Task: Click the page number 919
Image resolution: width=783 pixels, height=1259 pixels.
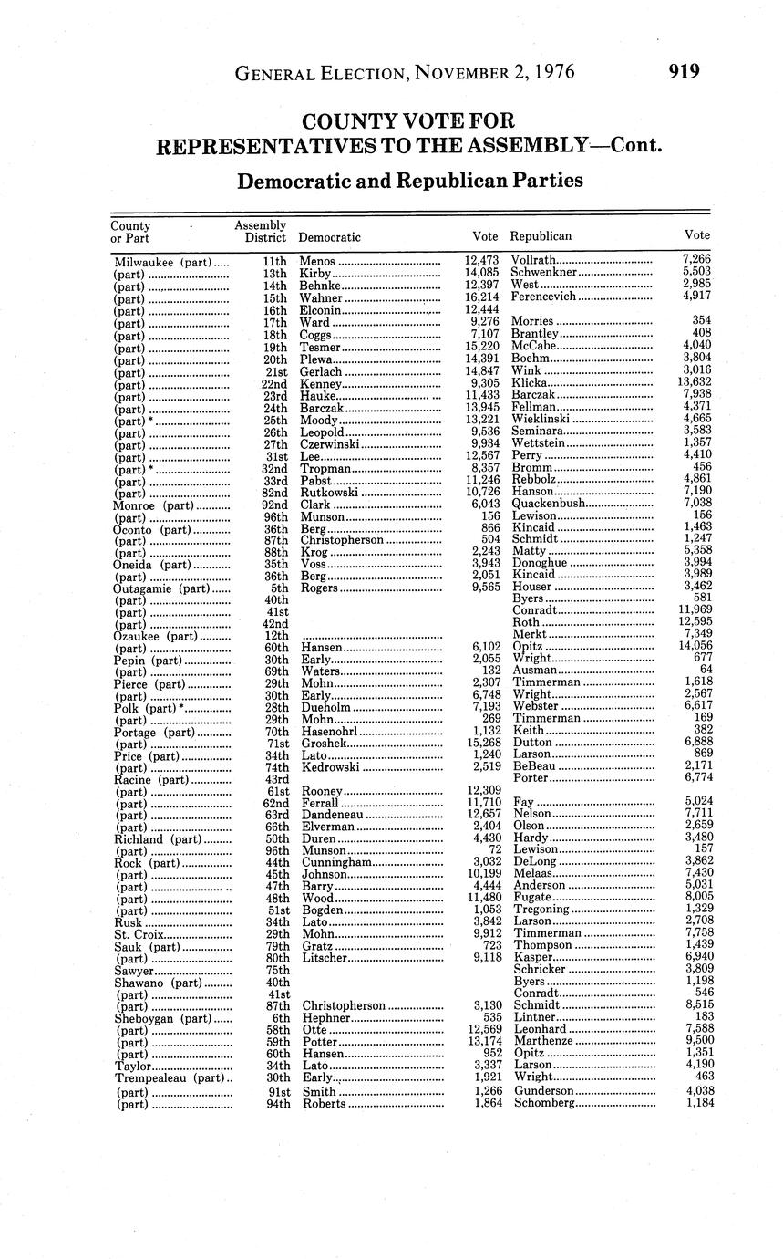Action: (684, 71)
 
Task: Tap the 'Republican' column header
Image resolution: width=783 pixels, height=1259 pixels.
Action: (541, 236)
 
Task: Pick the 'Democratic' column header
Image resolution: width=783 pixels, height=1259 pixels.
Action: (330, 237)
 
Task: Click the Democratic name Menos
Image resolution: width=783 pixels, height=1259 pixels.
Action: (317, 261)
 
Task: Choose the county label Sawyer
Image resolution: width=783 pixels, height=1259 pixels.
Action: (134, 970)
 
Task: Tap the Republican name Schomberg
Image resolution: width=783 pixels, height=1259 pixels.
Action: (545, 1103)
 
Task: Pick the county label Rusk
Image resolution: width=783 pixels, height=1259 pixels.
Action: (128, 921)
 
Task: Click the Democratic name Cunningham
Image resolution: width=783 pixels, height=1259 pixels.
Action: (335, 862)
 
